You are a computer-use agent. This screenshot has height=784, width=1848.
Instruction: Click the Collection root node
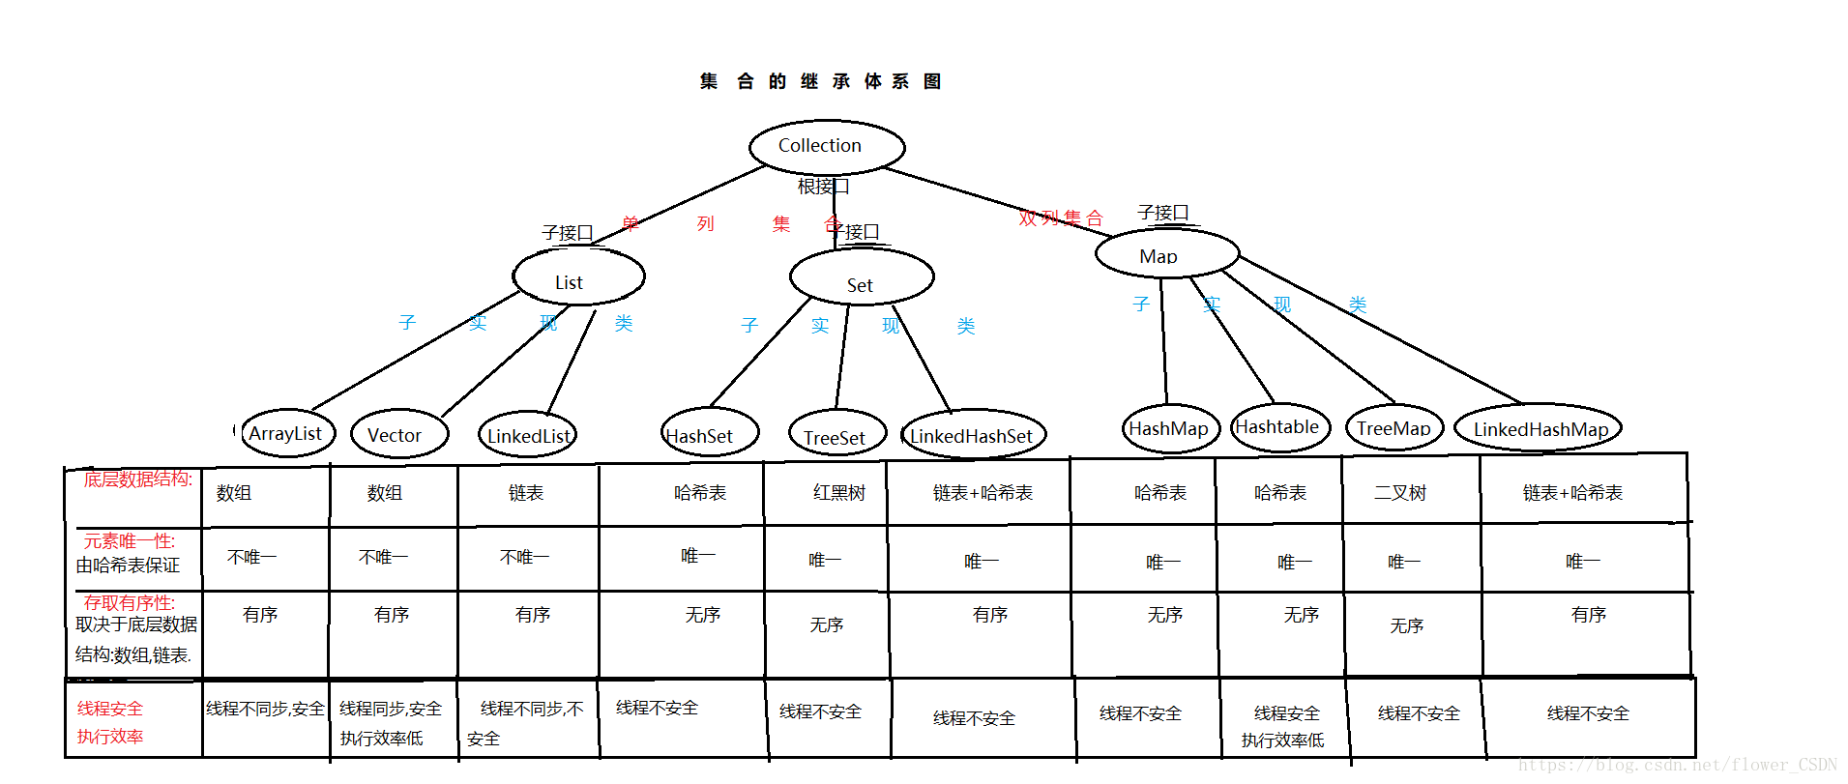(827, 147)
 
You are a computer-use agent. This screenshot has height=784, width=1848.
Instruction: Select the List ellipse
(578, 277)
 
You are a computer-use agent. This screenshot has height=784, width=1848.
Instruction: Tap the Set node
(861, 278)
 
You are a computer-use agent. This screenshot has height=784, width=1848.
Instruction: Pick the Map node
(1166, 254)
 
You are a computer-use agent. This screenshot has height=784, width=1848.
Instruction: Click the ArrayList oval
(286, 434)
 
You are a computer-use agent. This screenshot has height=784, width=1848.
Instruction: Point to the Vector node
(398, 435)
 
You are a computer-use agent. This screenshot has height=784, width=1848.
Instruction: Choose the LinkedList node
(527, 436)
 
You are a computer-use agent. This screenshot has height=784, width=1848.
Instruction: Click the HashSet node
(709, 434)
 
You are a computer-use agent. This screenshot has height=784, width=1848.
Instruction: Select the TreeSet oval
(836, 436)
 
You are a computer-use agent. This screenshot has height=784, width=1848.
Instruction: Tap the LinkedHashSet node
(973, 436)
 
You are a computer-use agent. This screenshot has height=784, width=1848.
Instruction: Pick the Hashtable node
(1279, 427)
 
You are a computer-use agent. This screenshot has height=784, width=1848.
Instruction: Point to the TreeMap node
(1393, 428)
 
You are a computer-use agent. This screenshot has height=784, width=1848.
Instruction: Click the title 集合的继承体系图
(820, 81)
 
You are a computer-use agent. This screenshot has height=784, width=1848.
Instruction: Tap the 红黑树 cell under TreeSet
(838, 493)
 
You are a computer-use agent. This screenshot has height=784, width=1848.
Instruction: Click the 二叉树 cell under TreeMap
(1399, 493)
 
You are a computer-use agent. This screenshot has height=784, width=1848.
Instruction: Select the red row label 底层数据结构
(137, 479)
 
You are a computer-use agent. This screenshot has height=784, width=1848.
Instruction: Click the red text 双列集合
(1060, 218)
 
